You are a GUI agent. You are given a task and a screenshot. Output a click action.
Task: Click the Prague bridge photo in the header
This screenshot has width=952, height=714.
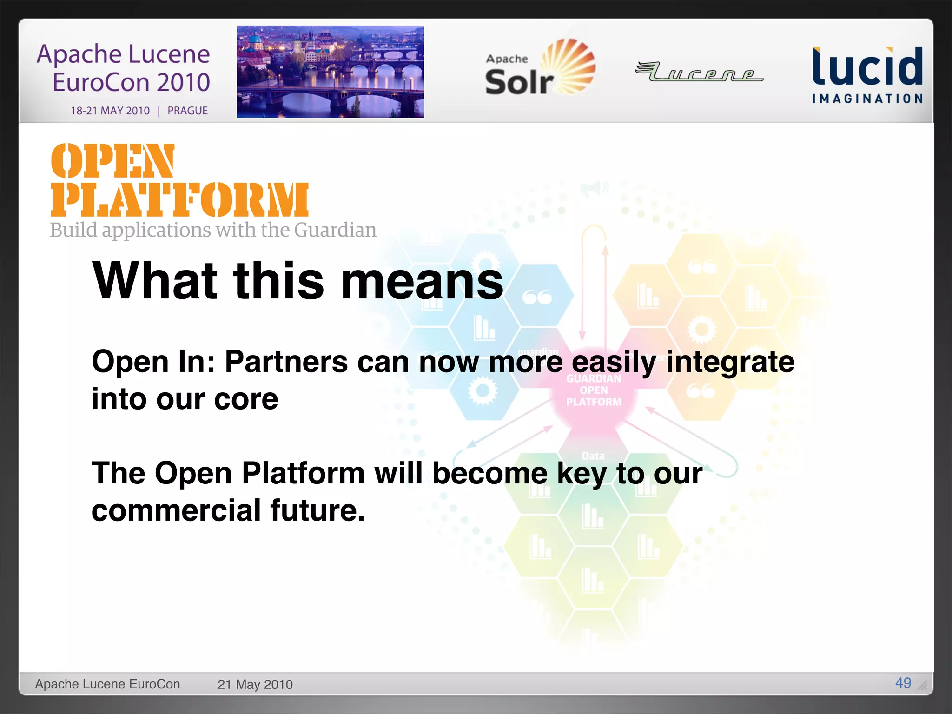pyautogui.click(x=330, y=72)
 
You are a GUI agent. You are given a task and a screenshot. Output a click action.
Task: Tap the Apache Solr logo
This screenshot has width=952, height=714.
pyautogui.click(x=539, y=68)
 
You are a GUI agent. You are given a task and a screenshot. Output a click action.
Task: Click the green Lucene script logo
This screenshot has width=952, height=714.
pyautogui.click(x=699, y=72)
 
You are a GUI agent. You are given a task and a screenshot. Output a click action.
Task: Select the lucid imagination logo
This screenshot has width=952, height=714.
pyautogui.click(x=867, y=74)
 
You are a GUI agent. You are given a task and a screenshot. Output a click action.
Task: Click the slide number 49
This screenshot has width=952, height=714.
pyautogui.click(x=903, y=682)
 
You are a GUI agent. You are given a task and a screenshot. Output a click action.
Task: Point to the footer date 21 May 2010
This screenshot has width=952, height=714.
pyautogui.click(x=255, y=684)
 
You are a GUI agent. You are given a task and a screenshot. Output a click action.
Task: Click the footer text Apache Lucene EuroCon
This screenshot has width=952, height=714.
pyautogui.click(x=107, y=684)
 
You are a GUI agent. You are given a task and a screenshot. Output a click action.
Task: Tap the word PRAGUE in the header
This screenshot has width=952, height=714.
pyautogui.click(x=187, y=111)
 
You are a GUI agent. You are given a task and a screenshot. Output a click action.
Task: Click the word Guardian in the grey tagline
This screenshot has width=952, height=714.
pyautogui.click(x=335, y=230)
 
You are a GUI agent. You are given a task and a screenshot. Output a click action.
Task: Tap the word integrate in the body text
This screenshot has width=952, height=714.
pyautogui.click(x=730, y=362)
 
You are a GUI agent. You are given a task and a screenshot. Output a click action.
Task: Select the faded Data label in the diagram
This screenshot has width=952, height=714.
pyautogui.click(x=593, y=456)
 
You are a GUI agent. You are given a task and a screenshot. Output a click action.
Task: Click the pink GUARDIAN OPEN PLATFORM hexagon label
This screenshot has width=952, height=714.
pyautogui.click(x=594, y=390)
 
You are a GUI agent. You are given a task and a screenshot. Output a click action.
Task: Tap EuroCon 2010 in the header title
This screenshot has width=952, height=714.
pyautogui.click(x=131, y=82)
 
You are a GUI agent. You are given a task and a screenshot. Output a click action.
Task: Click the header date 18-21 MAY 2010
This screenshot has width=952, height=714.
pyautogui.click(x=110, y=111)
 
